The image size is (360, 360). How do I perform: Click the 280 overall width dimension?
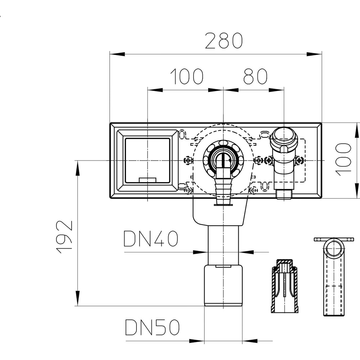pyautogui.click(x=224, y=41)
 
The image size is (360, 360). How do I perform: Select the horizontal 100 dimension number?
pyautogui.click(x=186, y=76)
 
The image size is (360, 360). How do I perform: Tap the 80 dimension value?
pyautogui.click(x=255, y=76)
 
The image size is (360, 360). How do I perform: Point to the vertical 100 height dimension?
pyautogui.click(x=343, y=159)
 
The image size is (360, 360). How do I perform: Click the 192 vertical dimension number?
pyautogui.click(x=64, y=237)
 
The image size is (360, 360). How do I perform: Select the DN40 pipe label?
pyautogui.click(x=151, y=239)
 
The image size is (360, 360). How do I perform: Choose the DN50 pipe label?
pyautogui.click(x=152, y=327)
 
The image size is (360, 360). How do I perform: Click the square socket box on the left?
pyautogui.click(x=148, y=161)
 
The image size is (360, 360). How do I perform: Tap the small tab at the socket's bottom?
pyautogui.click(x=148, y=180)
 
